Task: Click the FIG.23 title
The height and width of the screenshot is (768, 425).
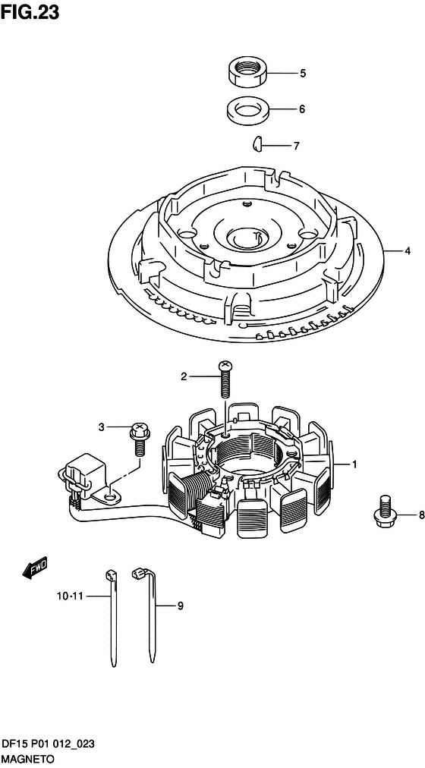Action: [30, 12]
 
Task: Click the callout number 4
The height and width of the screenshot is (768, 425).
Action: [407, 251]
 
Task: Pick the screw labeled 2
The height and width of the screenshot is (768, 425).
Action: [225, 379]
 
